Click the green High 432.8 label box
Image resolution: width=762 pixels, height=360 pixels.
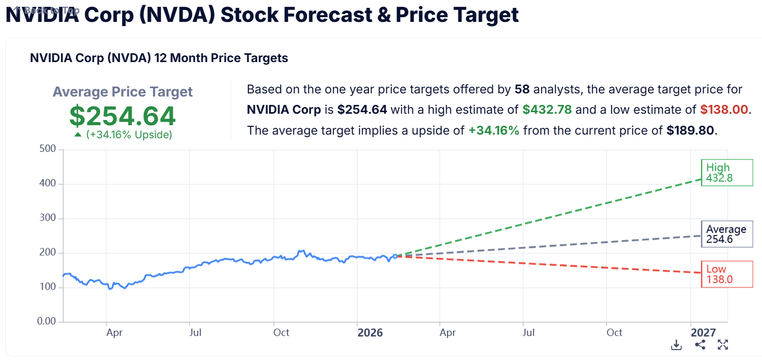(x=727, y=173)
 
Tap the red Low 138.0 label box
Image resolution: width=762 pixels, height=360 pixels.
(x=727, y=274)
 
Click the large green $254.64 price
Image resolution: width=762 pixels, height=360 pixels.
(x=123, y=116)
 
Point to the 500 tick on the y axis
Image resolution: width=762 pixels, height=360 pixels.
(x=48, y=150)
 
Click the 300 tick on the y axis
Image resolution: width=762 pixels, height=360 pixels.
(x=48, y=219)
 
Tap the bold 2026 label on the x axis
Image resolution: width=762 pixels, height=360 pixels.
(x=370, y=333)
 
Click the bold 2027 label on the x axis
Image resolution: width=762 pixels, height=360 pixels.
(x=703, y=333)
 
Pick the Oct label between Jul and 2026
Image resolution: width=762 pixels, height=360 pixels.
(x=281, y=333)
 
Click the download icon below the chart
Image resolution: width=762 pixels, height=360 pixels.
(x=676, y=345)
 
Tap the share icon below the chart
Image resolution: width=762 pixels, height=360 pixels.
(x=700, y=345)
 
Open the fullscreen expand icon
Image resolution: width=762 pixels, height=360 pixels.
(x=723, y=345)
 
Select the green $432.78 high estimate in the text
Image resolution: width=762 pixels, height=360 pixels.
(x=547, y=110)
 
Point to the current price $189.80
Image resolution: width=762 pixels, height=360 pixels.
(x=690, y=130)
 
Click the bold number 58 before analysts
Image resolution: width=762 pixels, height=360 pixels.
(x=522, y=90)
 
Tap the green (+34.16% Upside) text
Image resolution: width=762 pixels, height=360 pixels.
(x=128, y=135)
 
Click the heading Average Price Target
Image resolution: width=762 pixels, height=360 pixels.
(x=123, y=92)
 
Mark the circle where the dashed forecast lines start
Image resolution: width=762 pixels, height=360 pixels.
(x=395, y=256)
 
